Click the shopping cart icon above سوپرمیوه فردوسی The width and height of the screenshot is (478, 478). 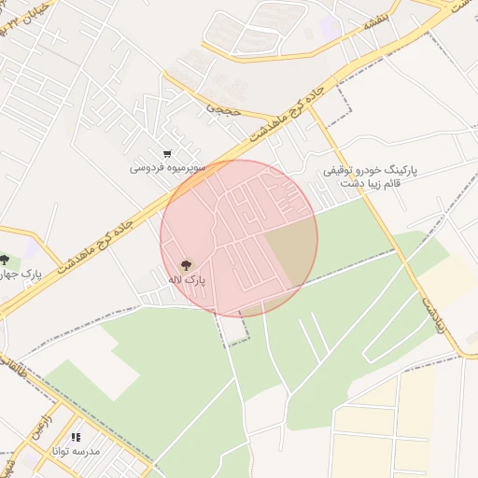[167, 154]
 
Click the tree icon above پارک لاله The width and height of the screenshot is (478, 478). [185, 266]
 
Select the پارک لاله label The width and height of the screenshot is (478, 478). [186, 280]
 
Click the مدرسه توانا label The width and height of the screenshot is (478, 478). [77, 451]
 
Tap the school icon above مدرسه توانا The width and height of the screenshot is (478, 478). [77, 437]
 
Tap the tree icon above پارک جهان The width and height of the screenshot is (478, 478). [6, 260]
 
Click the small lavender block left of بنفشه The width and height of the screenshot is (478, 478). [329, 27]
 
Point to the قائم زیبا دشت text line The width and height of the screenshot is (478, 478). [372, 185]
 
